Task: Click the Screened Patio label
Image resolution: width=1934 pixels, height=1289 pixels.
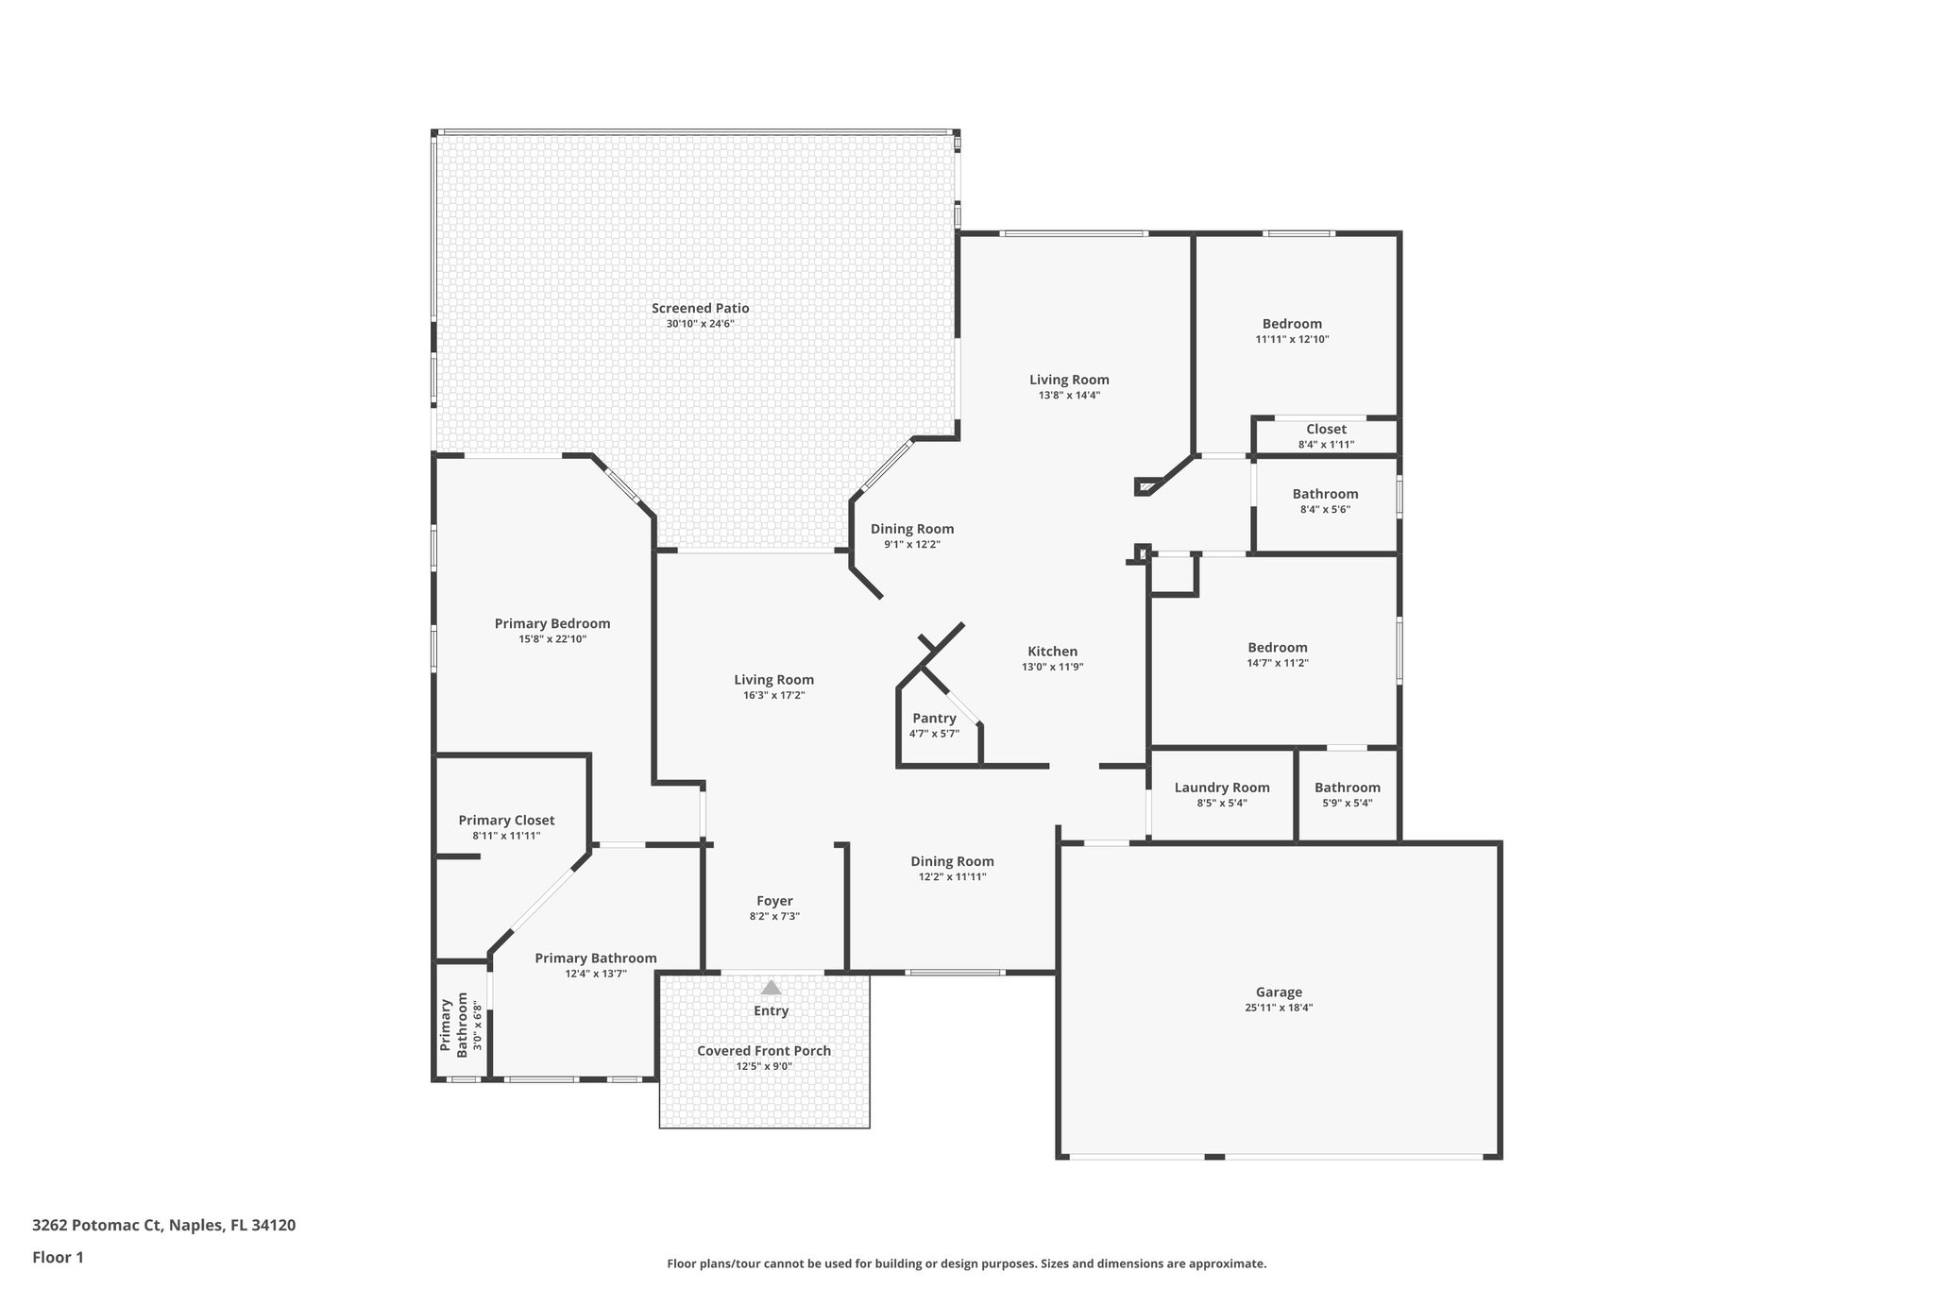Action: [700, 308]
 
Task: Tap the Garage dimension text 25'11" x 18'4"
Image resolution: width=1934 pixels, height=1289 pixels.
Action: [1279, 1008]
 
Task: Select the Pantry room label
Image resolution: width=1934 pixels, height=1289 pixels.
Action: [934, 719]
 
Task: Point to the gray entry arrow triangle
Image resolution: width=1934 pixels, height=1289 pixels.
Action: [772, 988]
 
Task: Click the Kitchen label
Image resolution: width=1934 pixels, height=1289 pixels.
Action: [1052, 652]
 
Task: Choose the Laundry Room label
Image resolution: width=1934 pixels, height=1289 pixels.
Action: [1222, 788]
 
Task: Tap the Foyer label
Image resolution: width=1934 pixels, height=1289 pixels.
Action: [774, 901]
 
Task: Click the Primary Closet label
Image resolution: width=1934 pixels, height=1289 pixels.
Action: [506, 821]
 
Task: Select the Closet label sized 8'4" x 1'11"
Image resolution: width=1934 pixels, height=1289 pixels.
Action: [1326, 430]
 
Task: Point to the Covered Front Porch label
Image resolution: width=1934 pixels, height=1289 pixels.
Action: [764, 1051]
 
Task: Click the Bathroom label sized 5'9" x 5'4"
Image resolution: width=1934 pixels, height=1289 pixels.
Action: [1347, 788]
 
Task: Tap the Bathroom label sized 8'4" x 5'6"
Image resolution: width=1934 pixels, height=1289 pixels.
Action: [1325, 494]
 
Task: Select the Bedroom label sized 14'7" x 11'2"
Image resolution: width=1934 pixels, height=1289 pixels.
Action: [1278, 648]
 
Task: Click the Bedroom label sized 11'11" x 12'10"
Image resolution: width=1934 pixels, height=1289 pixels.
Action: [1292, 324]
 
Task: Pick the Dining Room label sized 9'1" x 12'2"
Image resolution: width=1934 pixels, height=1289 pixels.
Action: [912, 530]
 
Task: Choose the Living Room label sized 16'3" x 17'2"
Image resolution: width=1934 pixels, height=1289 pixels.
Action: [773, 680]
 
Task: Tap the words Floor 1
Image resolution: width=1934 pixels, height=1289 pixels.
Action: [59, 1257]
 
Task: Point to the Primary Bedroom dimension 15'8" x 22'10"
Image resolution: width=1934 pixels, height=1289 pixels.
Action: [552, 639]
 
